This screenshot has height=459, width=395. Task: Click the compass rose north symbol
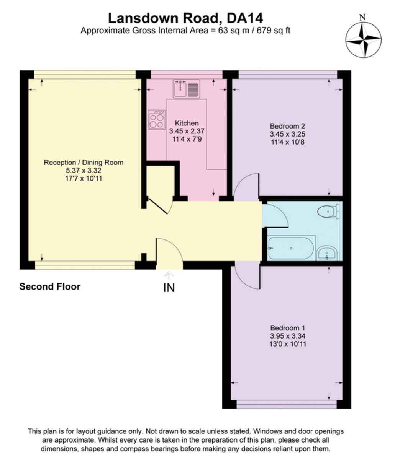363,40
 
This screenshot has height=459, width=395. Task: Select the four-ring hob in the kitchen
157,120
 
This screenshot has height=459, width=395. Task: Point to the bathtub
291,248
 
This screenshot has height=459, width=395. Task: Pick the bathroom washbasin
327,254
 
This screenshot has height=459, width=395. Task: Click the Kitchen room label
187,123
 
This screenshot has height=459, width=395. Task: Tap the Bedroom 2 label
287,126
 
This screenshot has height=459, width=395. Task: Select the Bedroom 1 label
288,328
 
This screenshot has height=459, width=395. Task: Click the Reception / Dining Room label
84,163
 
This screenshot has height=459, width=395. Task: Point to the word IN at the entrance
169,288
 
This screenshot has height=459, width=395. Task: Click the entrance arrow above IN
169,275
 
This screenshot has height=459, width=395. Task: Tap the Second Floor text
50,286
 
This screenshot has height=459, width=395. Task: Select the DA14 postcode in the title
244,18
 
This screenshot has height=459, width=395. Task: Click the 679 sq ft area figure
273,30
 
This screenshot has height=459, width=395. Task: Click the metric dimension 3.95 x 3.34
288,336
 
